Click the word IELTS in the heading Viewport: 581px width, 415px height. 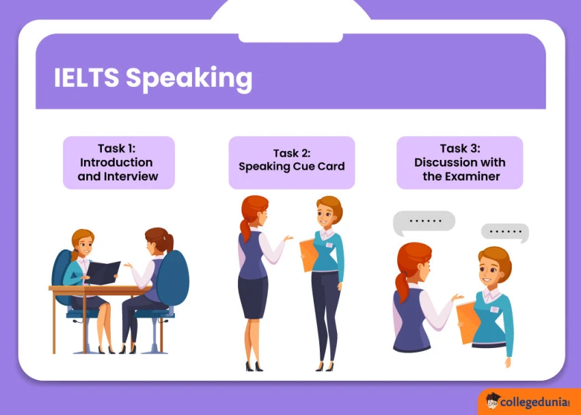86,79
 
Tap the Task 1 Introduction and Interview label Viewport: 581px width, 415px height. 118,163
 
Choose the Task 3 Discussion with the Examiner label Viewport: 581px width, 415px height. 460,163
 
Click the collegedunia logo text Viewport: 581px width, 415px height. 535,403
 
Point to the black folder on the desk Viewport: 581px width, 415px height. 103,272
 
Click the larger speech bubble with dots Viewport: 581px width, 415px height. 424,221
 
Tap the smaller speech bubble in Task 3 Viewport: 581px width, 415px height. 505,232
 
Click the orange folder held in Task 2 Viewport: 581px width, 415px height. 308,256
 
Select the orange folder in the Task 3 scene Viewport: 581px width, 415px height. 467,321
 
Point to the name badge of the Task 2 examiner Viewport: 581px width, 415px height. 329,245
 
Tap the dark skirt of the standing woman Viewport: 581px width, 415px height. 252,297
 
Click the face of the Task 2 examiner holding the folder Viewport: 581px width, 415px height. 327,213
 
